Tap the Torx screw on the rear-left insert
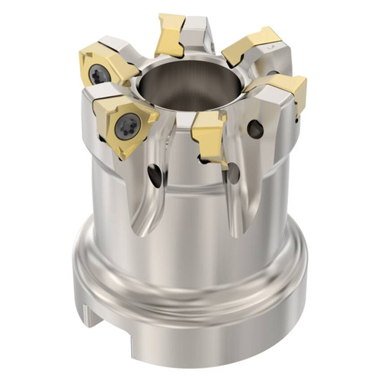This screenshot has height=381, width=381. point(99,74)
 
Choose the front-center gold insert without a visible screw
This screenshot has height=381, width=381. point(209,136)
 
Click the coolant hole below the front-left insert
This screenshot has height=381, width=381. point(156,176)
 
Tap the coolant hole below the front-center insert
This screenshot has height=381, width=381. point(232,173)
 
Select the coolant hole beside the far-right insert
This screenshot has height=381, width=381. point(256,130)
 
